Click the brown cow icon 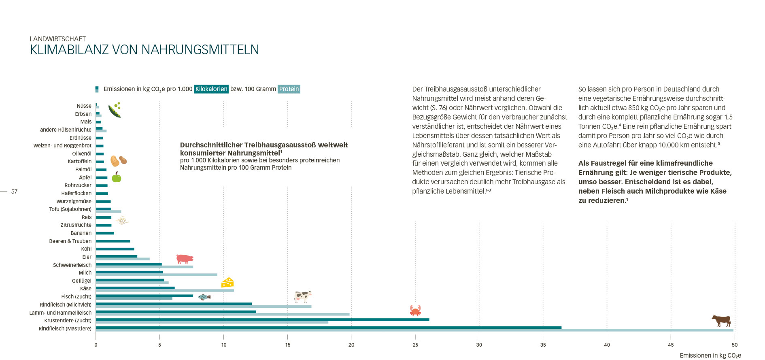[721, 321]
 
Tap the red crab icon [415, 311]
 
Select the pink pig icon [185, 259]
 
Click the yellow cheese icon [227, 282]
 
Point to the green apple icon [117, 177]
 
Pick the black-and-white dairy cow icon [302, 296]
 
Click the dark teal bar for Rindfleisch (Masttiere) [328, 328]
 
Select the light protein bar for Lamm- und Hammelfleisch [223, 314]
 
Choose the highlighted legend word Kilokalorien [211, 89]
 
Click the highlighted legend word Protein [289, 89]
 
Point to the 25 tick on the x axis [415, 345]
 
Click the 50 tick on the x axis [735, 345]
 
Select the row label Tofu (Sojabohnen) [70, 209]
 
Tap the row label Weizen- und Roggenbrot [62, 146]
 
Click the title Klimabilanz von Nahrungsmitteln [144, 50]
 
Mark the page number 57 [14, 192]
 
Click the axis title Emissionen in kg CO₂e [710, 356]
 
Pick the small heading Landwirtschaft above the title [58, 39]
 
